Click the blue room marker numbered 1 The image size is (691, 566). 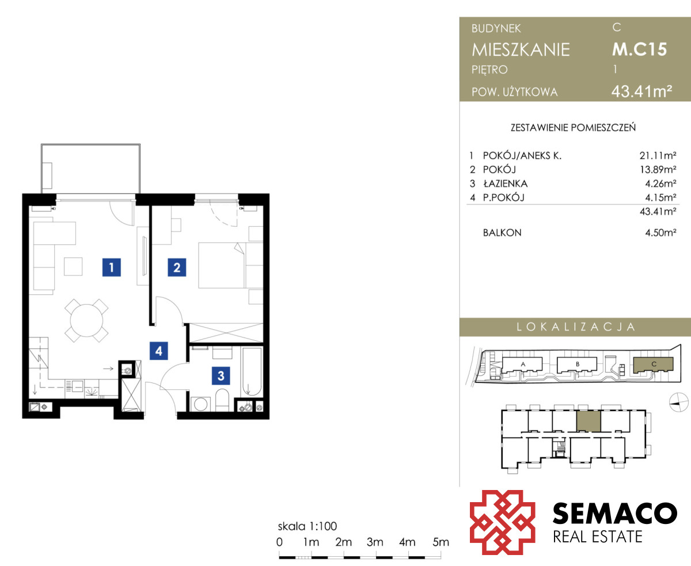(x=111, y=267)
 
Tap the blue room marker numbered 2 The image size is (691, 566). (x=177, y=267)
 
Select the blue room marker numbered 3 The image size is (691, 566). (x=221, y=375)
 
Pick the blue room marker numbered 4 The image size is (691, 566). (x=159, y=351)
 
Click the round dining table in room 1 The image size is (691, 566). (x=86, y=320)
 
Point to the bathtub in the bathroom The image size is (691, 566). (x=252, y=372)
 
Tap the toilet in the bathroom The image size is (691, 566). (x=222, y=400)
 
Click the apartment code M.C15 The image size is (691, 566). (x=639, y=50)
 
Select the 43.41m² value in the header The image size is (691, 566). (x=641, y=92)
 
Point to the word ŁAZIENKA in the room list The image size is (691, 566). (x=506, y=184)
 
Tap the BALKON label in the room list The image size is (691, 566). (x=502, y=233)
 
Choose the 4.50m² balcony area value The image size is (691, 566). (x=660, y=233)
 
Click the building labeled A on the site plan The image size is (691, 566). (x=522, y=365)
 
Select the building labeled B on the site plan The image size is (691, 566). (x=577, y=365)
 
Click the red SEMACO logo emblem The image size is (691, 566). (x=502, y=522)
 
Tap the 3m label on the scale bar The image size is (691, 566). (x=375, y=542)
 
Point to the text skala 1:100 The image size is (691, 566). (x=307, y=526)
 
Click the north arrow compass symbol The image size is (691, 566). (x=678, y=402)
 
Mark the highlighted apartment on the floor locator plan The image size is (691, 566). (x=589, y=421)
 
